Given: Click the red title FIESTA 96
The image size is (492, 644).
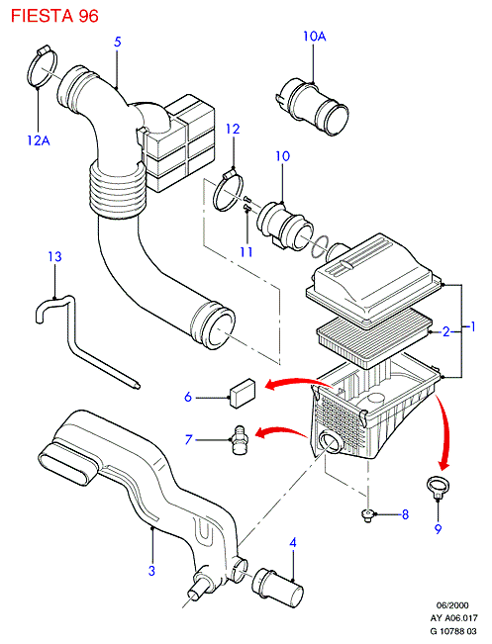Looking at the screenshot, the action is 54,16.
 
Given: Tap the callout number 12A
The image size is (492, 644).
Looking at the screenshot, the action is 39,140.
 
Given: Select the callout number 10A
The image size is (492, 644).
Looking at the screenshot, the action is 315,37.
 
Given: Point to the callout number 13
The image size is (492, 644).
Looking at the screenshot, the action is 54,256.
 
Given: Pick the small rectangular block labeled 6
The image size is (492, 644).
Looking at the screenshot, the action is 244,393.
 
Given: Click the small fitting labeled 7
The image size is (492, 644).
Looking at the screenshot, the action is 241,440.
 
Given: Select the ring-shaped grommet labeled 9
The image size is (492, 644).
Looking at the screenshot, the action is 437,485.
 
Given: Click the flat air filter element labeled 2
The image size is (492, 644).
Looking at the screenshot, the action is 374,337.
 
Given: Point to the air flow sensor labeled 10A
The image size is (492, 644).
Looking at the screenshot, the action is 313,104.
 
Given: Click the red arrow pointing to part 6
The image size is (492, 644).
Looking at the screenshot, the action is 298,381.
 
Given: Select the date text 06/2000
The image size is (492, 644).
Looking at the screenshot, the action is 452,605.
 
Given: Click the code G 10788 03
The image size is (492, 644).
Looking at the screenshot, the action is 453,630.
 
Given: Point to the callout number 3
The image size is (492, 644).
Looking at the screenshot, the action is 151,571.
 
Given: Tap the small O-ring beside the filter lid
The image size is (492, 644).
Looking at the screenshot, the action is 320,246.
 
